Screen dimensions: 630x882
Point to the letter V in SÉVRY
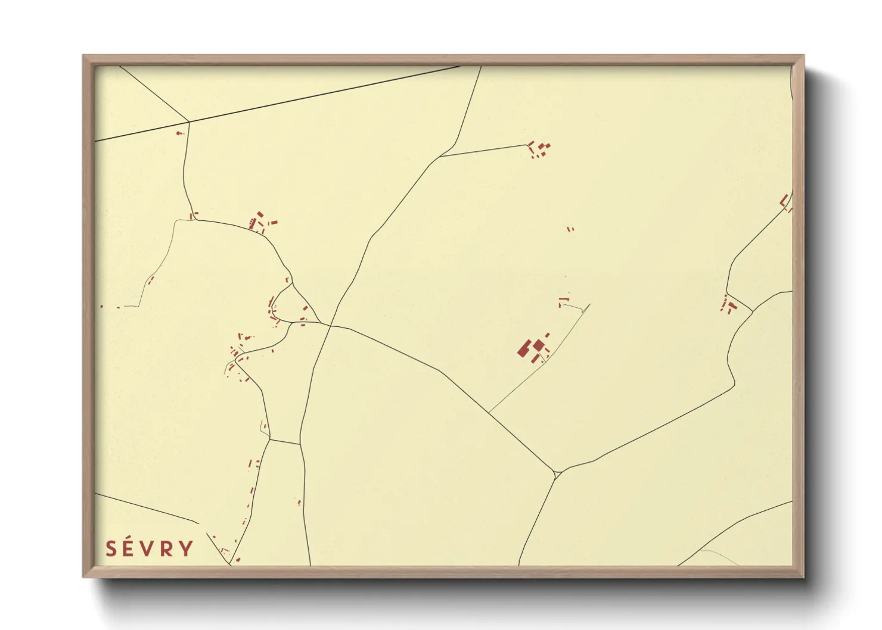[x=150, y=548]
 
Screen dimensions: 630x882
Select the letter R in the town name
[x=168, y=548]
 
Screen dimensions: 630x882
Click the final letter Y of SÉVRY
[x=187, y=548]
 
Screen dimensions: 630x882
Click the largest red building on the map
[x=525, y=348]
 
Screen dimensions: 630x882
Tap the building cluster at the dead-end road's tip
[x=539, y=149]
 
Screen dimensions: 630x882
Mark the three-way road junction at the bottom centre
[x=556, y=474]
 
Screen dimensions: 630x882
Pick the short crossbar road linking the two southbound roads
[x=284, y=442]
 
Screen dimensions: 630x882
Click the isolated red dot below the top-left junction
[x=179, y=133]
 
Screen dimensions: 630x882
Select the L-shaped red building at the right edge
[x=785, y=202]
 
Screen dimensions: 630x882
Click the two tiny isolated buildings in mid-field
[x=570, y=228]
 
